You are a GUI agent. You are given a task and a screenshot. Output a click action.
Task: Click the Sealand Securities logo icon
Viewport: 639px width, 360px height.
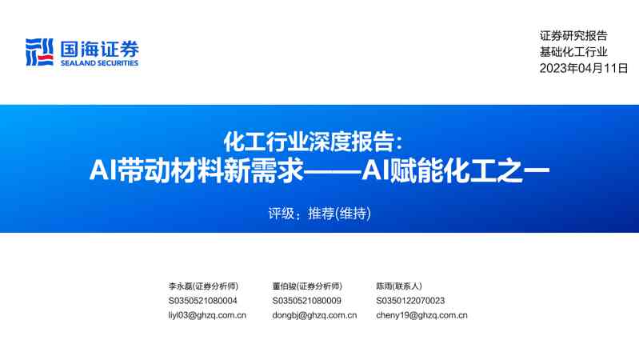point(39,53)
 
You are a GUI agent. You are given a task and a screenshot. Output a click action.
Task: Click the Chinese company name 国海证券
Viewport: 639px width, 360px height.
point(98,48)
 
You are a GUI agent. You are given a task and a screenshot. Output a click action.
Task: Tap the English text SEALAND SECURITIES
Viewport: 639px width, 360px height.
point(98,63)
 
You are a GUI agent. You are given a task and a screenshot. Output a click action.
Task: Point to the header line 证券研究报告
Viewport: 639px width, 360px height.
point(573,35)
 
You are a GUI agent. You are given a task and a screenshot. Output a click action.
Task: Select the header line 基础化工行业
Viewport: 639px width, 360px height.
point(573,51)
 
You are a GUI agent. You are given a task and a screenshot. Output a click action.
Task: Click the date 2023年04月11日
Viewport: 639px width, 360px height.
point(584,68)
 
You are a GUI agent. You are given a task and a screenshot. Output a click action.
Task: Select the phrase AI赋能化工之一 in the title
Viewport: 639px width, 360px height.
point(457,170)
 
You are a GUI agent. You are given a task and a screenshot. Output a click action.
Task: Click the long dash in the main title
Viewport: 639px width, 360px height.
point(332,171)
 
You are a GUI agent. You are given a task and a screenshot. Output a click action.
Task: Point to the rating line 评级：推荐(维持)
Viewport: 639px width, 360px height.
point(320,214)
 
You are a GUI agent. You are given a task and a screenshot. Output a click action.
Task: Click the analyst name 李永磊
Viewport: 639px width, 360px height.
point(180,286)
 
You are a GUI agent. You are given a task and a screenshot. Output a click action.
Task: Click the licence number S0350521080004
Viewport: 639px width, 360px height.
point(203,301)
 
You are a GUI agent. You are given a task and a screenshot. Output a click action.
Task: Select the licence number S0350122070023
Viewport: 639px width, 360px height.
point(410,301)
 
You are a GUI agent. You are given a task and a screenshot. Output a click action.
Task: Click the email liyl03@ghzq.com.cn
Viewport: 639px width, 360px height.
point(207,315)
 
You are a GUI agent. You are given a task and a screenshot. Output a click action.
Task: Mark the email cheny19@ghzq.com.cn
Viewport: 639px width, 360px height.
point(421,315)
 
